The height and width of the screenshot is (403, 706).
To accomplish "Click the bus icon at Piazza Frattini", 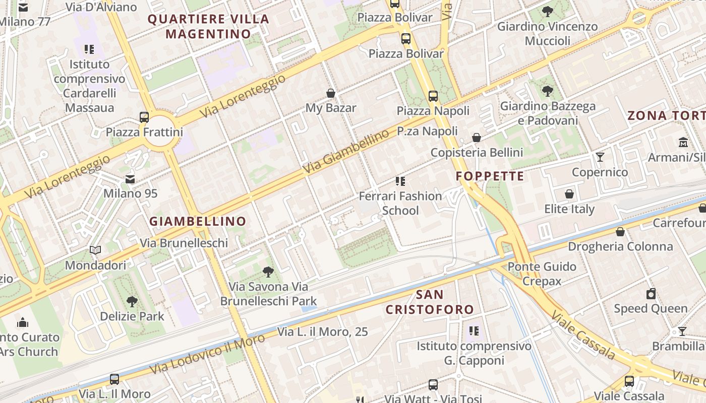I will pos(144,117).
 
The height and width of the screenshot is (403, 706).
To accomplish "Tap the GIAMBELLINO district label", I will pos(198,221).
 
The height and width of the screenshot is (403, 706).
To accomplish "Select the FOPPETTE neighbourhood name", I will pos(490,176).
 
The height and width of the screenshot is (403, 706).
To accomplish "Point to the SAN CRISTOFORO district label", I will pos(430,302).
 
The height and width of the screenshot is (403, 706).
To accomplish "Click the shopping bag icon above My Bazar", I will pos(331,93).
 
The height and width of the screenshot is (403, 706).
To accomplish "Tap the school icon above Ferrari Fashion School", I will pos(400,181).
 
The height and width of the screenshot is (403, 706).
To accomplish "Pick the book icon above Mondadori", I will pos(95,250).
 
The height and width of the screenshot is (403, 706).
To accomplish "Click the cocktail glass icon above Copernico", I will pos(600,157).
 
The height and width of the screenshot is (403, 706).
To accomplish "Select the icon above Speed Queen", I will pos(651,294).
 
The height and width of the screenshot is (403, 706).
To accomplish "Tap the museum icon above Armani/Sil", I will pos(683,143).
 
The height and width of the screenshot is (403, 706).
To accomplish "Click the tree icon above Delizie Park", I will pos(132,302).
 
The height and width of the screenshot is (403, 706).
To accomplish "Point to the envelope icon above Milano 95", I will pos(130,179).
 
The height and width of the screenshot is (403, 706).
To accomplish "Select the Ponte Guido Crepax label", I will pos(542,274).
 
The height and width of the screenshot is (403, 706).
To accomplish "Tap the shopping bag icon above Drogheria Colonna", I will pos(620,232).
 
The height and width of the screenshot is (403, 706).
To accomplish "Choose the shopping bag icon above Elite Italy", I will pos(569,194).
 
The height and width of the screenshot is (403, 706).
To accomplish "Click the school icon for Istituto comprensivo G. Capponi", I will pos(474,331).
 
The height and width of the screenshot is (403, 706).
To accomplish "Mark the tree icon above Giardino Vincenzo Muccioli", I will pos(547,12).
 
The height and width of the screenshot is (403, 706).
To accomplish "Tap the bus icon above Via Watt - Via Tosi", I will pos(433,385).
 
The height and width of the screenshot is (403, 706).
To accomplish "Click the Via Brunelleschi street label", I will pos(184,243).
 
